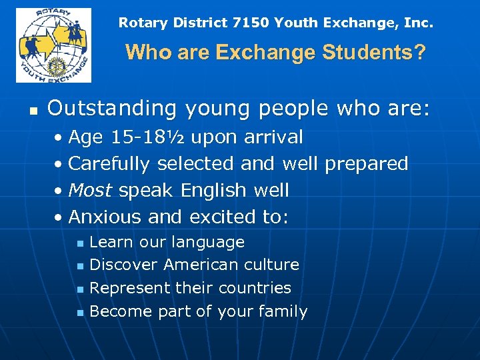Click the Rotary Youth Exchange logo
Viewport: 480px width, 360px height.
tap(53, 45)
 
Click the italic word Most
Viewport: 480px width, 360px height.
tap(91, 191)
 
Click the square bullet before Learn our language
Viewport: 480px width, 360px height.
tap(79, 243)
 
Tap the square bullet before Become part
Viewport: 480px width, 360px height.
tap(79, 313)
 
